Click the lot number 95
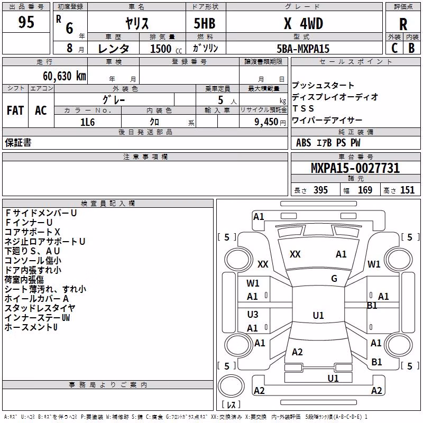[26, 22]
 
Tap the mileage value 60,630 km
[65, 76]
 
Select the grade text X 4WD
[304, 23]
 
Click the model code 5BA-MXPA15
[303, 49]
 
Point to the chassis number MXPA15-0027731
[355, 168]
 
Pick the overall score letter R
[403, 24]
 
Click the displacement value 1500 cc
[166, 49]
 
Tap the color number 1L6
[88, 122]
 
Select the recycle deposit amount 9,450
[266, 122]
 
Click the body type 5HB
[205, 23]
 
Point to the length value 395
[320, 190]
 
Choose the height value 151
[407, 190]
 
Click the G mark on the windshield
[334, 279]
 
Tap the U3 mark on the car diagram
[253, 314]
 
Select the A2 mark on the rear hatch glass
[297, 352]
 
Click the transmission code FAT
[15, 111]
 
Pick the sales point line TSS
[303, 108]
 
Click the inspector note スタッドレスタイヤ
[40, 308]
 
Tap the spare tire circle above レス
[231, 385]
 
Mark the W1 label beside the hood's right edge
[374, 264]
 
